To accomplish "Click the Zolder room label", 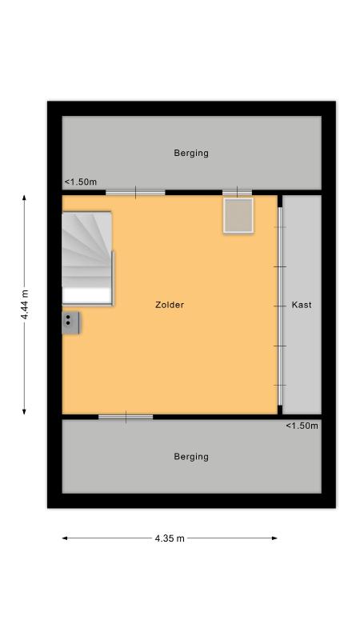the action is (170, 305).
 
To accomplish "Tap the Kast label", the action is (302, 305).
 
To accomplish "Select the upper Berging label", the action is (191, 153).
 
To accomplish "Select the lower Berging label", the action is (191, 456).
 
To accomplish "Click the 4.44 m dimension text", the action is (25, 305).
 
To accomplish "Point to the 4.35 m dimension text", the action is (170, 538).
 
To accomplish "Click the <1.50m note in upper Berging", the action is (81, 182).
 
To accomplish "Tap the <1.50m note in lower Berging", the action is (302, 426).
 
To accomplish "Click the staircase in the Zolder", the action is (87, 258).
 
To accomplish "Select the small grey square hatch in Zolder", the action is (238, 215).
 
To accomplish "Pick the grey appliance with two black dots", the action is (70, 323).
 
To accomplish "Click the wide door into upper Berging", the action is (135, 193).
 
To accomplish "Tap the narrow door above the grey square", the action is (237, 192).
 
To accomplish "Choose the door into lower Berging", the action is (126, 417).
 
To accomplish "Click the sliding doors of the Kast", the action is (280, 306).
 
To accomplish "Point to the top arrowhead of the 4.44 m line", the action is (25, 198).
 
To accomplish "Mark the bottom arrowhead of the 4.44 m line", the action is (25, 412).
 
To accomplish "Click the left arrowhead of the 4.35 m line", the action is (65, 538).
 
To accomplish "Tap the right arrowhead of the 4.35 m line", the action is (274, 538).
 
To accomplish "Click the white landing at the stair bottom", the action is (87, 295).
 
